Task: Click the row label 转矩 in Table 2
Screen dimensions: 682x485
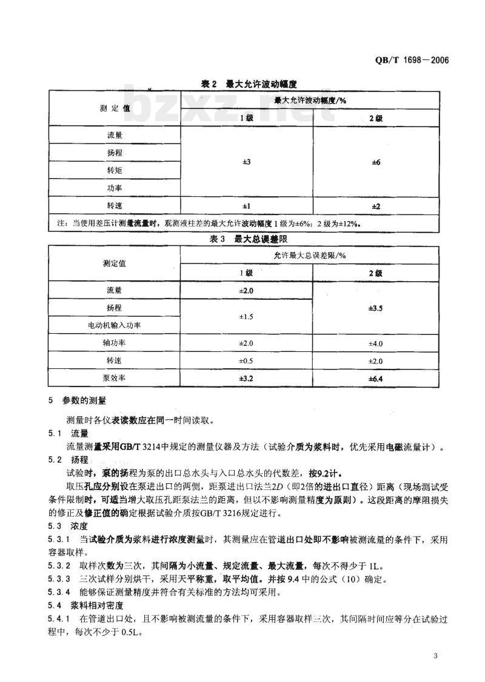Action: coord(115,170)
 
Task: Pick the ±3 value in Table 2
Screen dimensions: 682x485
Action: coord(246,162)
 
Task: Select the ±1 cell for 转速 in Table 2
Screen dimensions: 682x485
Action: coord(246,206)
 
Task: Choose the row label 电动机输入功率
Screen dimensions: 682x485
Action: coord(115,325)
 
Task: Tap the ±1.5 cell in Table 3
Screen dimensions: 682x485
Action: coord(246,317)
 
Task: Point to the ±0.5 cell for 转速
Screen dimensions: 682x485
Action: coord(246,361)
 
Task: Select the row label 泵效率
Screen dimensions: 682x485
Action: coord(115,379)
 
